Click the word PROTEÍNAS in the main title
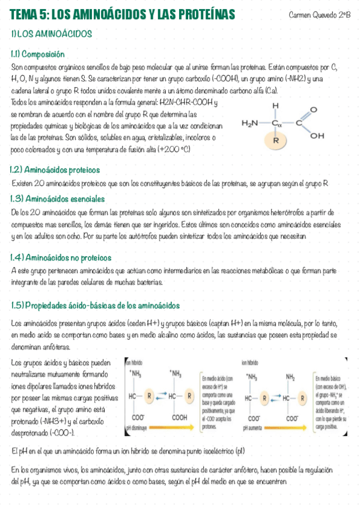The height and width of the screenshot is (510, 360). pos(204,14)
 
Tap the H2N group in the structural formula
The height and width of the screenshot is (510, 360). pos(250,123)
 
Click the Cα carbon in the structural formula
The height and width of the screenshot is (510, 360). pos(276,123)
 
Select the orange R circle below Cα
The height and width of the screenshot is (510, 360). pos(276,140)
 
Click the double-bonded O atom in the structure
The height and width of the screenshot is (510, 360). pos(313,111)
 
